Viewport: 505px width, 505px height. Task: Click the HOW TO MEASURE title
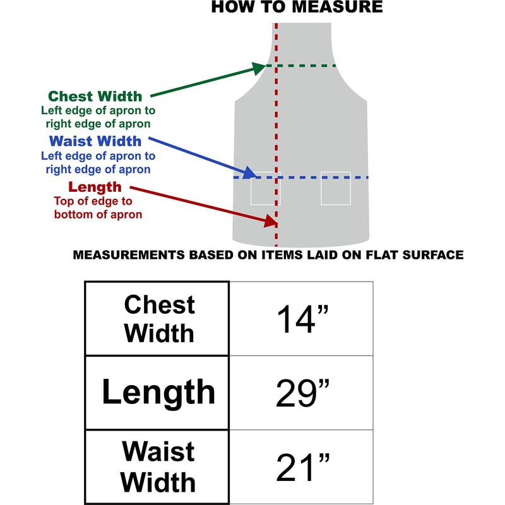(x=296, y=8)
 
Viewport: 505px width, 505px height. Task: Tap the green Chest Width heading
(x=95, y=97)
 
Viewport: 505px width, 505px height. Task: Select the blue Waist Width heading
(x=95, y=141)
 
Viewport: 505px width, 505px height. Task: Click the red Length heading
(x=95, y=187)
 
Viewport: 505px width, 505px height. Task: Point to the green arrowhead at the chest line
(x=259, y=67)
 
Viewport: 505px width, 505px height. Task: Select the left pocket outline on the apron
(x=265, y=188)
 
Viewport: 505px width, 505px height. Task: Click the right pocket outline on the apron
(x=335, y=188)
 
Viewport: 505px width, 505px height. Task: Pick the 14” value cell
(x=302, y=319)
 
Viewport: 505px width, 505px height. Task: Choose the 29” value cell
(x=302, y=393)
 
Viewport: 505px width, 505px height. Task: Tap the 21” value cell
(x=302, y=467)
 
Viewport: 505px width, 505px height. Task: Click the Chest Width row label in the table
(x=158, y=319)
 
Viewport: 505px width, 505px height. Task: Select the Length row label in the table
(x=158, y=393)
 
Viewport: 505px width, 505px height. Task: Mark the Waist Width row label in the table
(x=158, y=467)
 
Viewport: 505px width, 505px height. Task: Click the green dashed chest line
(x=303, y=66)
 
